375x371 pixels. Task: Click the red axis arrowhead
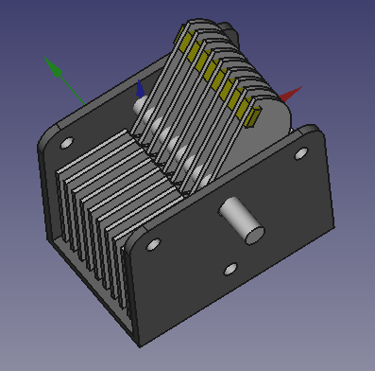click(293, 94)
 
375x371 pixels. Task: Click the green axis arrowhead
click(55, 69)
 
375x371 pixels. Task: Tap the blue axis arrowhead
click(141, 88)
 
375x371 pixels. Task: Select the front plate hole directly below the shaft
click(230, 270)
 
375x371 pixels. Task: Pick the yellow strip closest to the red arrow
click(252, 115)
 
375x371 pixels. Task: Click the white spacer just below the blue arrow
click(142, 110)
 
